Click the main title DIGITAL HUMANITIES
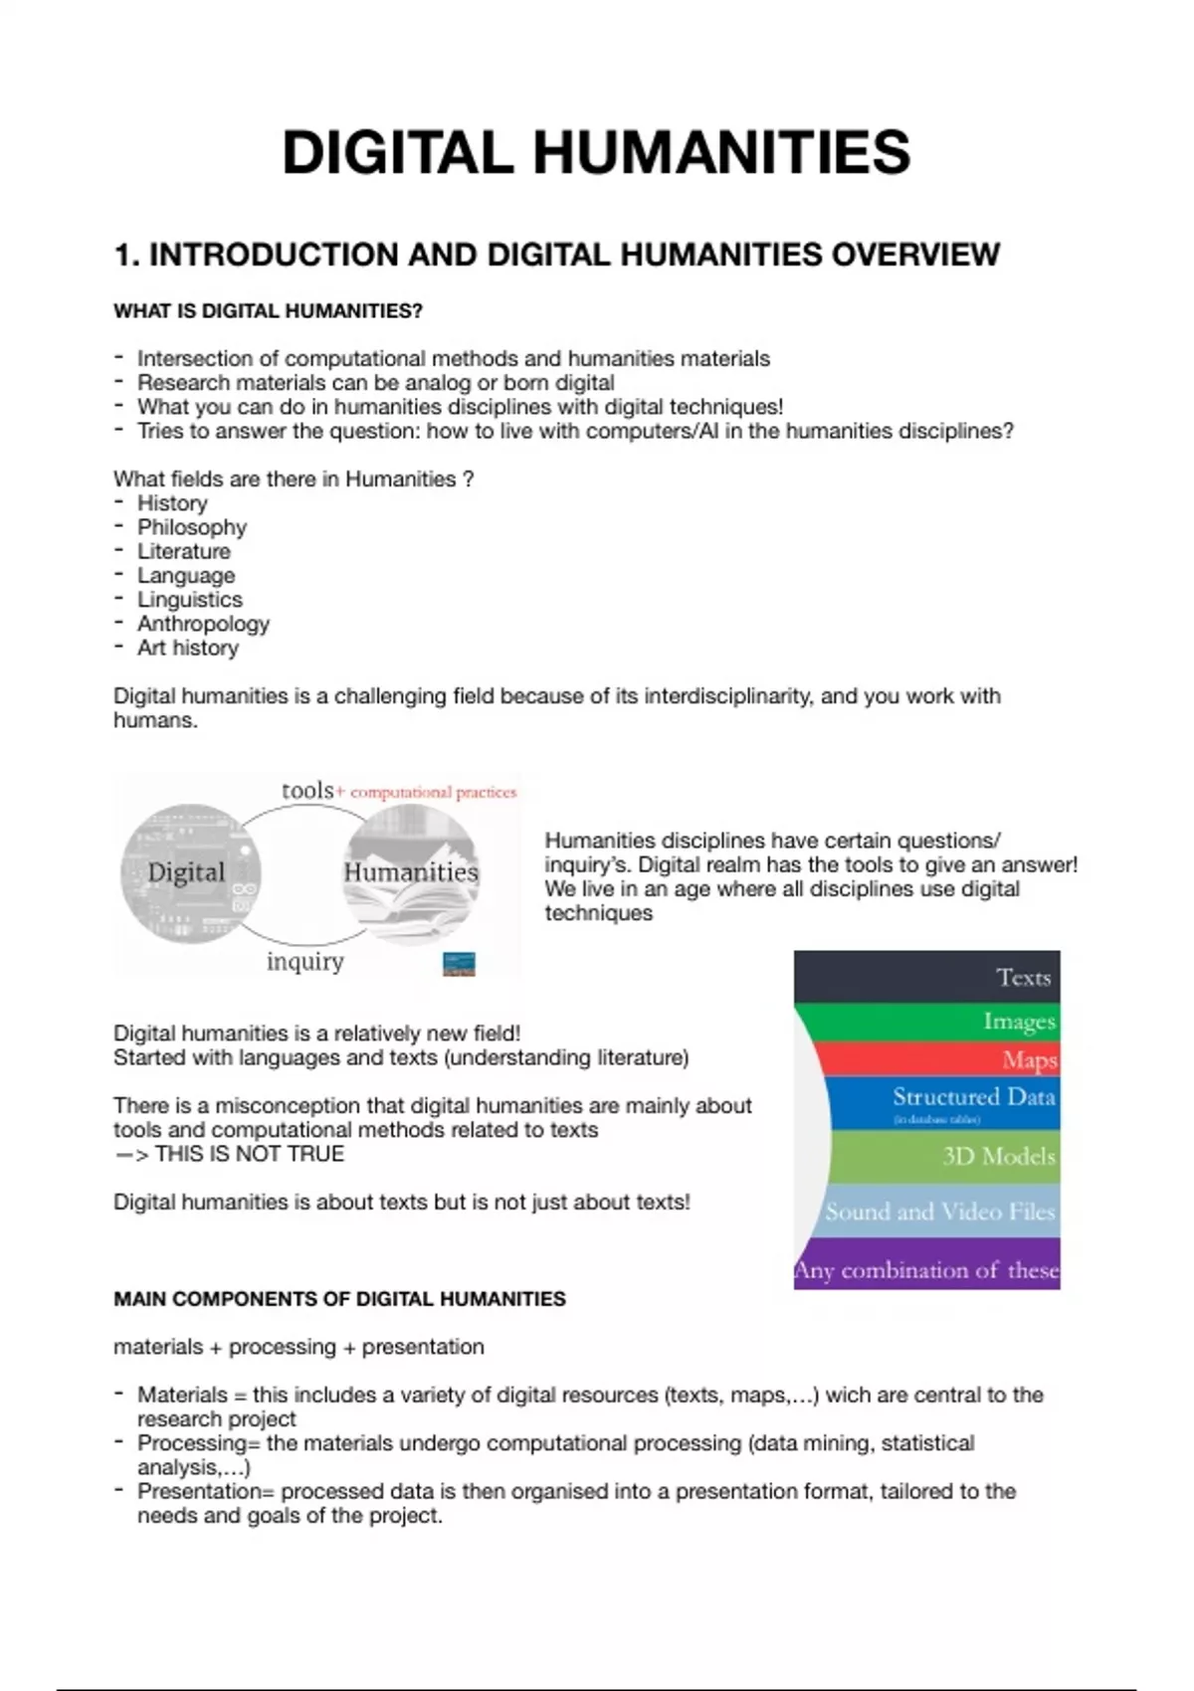[596, 153]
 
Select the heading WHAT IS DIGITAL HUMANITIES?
[268, 311]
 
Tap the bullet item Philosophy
[191, 527]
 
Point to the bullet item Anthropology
[203, 624]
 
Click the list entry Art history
[187, 648]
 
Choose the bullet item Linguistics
[189, 600]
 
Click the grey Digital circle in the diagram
[190, 873]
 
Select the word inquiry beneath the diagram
[304, 962]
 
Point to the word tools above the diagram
[306, 791]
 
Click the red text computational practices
[433, 793]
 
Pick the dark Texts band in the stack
[926, 977]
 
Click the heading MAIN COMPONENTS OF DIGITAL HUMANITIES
[339, 1299]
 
